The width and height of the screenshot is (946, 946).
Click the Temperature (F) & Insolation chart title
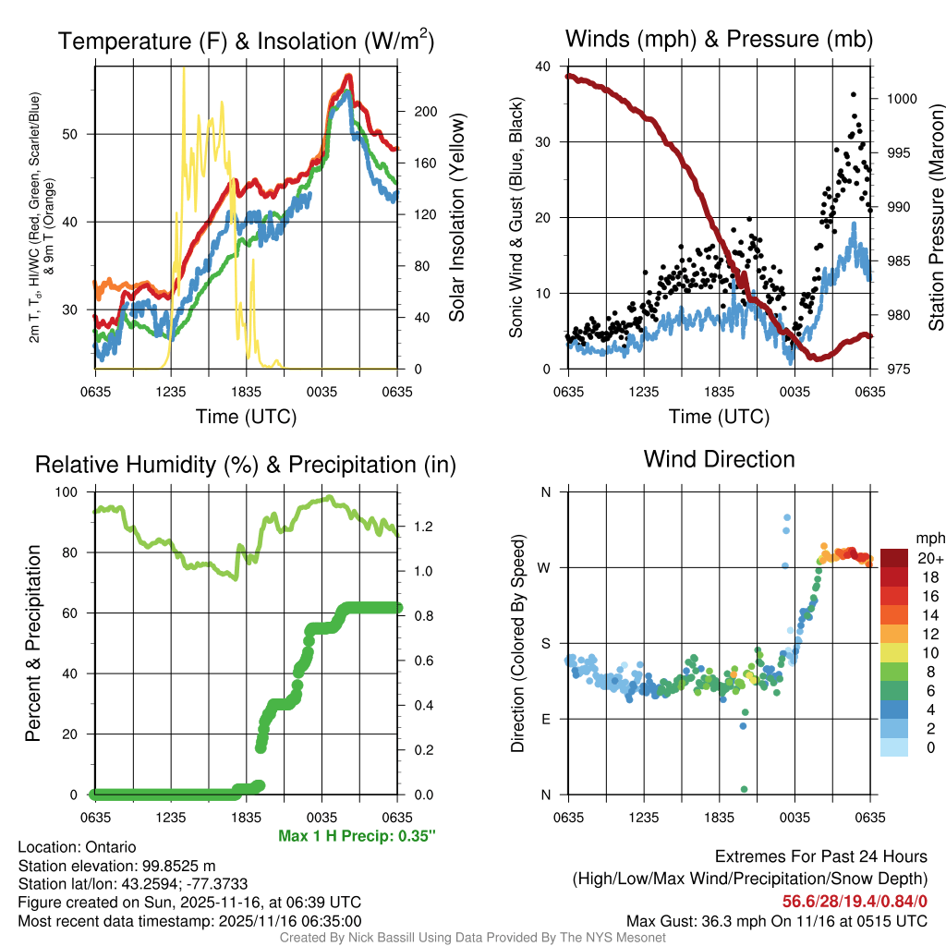[x=246, y=41]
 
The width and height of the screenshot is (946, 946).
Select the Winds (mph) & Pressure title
[x=719, y=39]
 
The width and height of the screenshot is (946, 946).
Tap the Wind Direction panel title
[x=719, y=459]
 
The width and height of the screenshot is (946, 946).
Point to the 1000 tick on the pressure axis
[x=900, y=99]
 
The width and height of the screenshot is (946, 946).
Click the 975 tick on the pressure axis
[x=896, y=370]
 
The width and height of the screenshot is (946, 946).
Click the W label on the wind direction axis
[x=546, y=567]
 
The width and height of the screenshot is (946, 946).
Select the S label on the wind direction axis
[x=546, y=643]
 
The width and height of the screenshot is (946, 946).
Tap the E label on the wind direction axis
[x=546, y=719]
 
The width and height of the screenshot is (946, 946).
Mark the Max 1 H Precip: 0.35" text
[x=357, y=836]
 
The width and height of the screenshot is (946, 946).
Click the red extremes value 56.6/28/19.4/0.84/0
[x=855, y=901]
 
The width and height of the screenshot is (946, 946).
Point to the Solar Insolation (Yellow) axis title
[x=457, y=218]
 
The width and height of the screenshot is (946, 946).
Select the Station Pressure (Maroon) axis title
[x=936, y=218]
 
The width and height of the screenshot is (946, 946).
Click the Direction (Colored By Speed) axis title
[x=518, y=643]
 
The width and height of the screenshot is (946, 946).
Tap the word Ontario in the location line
[x=111, y=847]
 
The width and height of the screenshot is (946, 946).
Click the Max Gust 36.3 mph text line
[x=777, y=921]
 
